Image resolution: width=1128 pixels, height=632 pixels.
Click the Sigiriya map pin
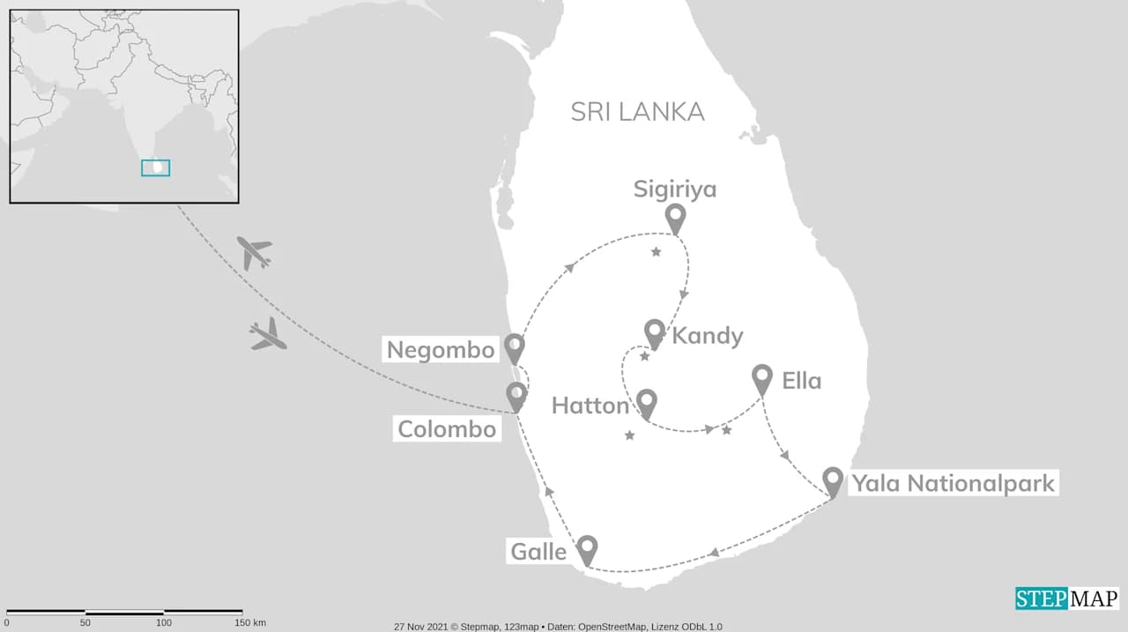[x=675, y=217]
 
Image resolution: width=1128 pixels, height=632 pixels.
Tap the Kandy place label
[x=708, y=336]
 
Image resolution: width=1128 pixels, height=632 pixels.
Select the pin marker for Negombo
[x=515, y=346]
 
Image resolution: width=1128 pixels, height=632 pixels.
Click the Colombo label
[x=446, y=429]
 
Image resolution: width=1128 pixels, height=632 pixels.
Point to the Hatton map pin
[x=647, y=402]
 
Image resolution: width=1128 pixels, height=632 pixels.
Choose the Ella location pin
[x=762, y=377]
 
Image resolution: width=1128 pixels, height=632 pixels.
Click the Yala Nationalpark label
[x=952, y=483]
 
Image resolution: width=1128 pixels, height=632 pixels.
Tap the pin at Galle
[x=587, y=548]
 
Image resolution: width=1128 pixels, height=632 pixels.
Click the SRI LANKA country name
[x=637, y=112]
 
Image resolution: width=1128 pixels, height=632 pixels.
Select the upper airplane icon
[x=255, y=253]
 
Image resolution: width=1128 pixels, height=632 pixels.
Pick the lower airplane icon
[x=268, y=335]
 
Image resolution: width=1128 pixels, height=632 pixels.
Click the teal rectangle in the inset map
[x=156, y=167]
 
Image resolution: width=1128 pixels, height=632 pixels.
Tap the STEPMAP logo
[x=1066, y=599]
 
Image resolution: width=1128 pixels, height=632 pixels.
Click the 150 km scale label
[x=250, y=622]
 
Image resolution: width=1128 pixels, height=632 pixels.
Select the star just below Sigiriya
[x=656, y=253]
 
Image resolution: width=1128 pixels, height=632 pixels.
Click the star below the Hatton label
[x=629, y=435]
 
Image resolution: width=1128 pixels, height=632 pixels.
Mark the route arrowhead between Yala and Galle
[x=714, y=553]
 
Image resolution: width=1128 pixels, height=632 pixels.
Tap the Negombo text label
[x=441, y=350]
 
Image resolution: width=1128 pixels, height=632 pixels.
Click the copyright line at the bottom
[x=558, y=627]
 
